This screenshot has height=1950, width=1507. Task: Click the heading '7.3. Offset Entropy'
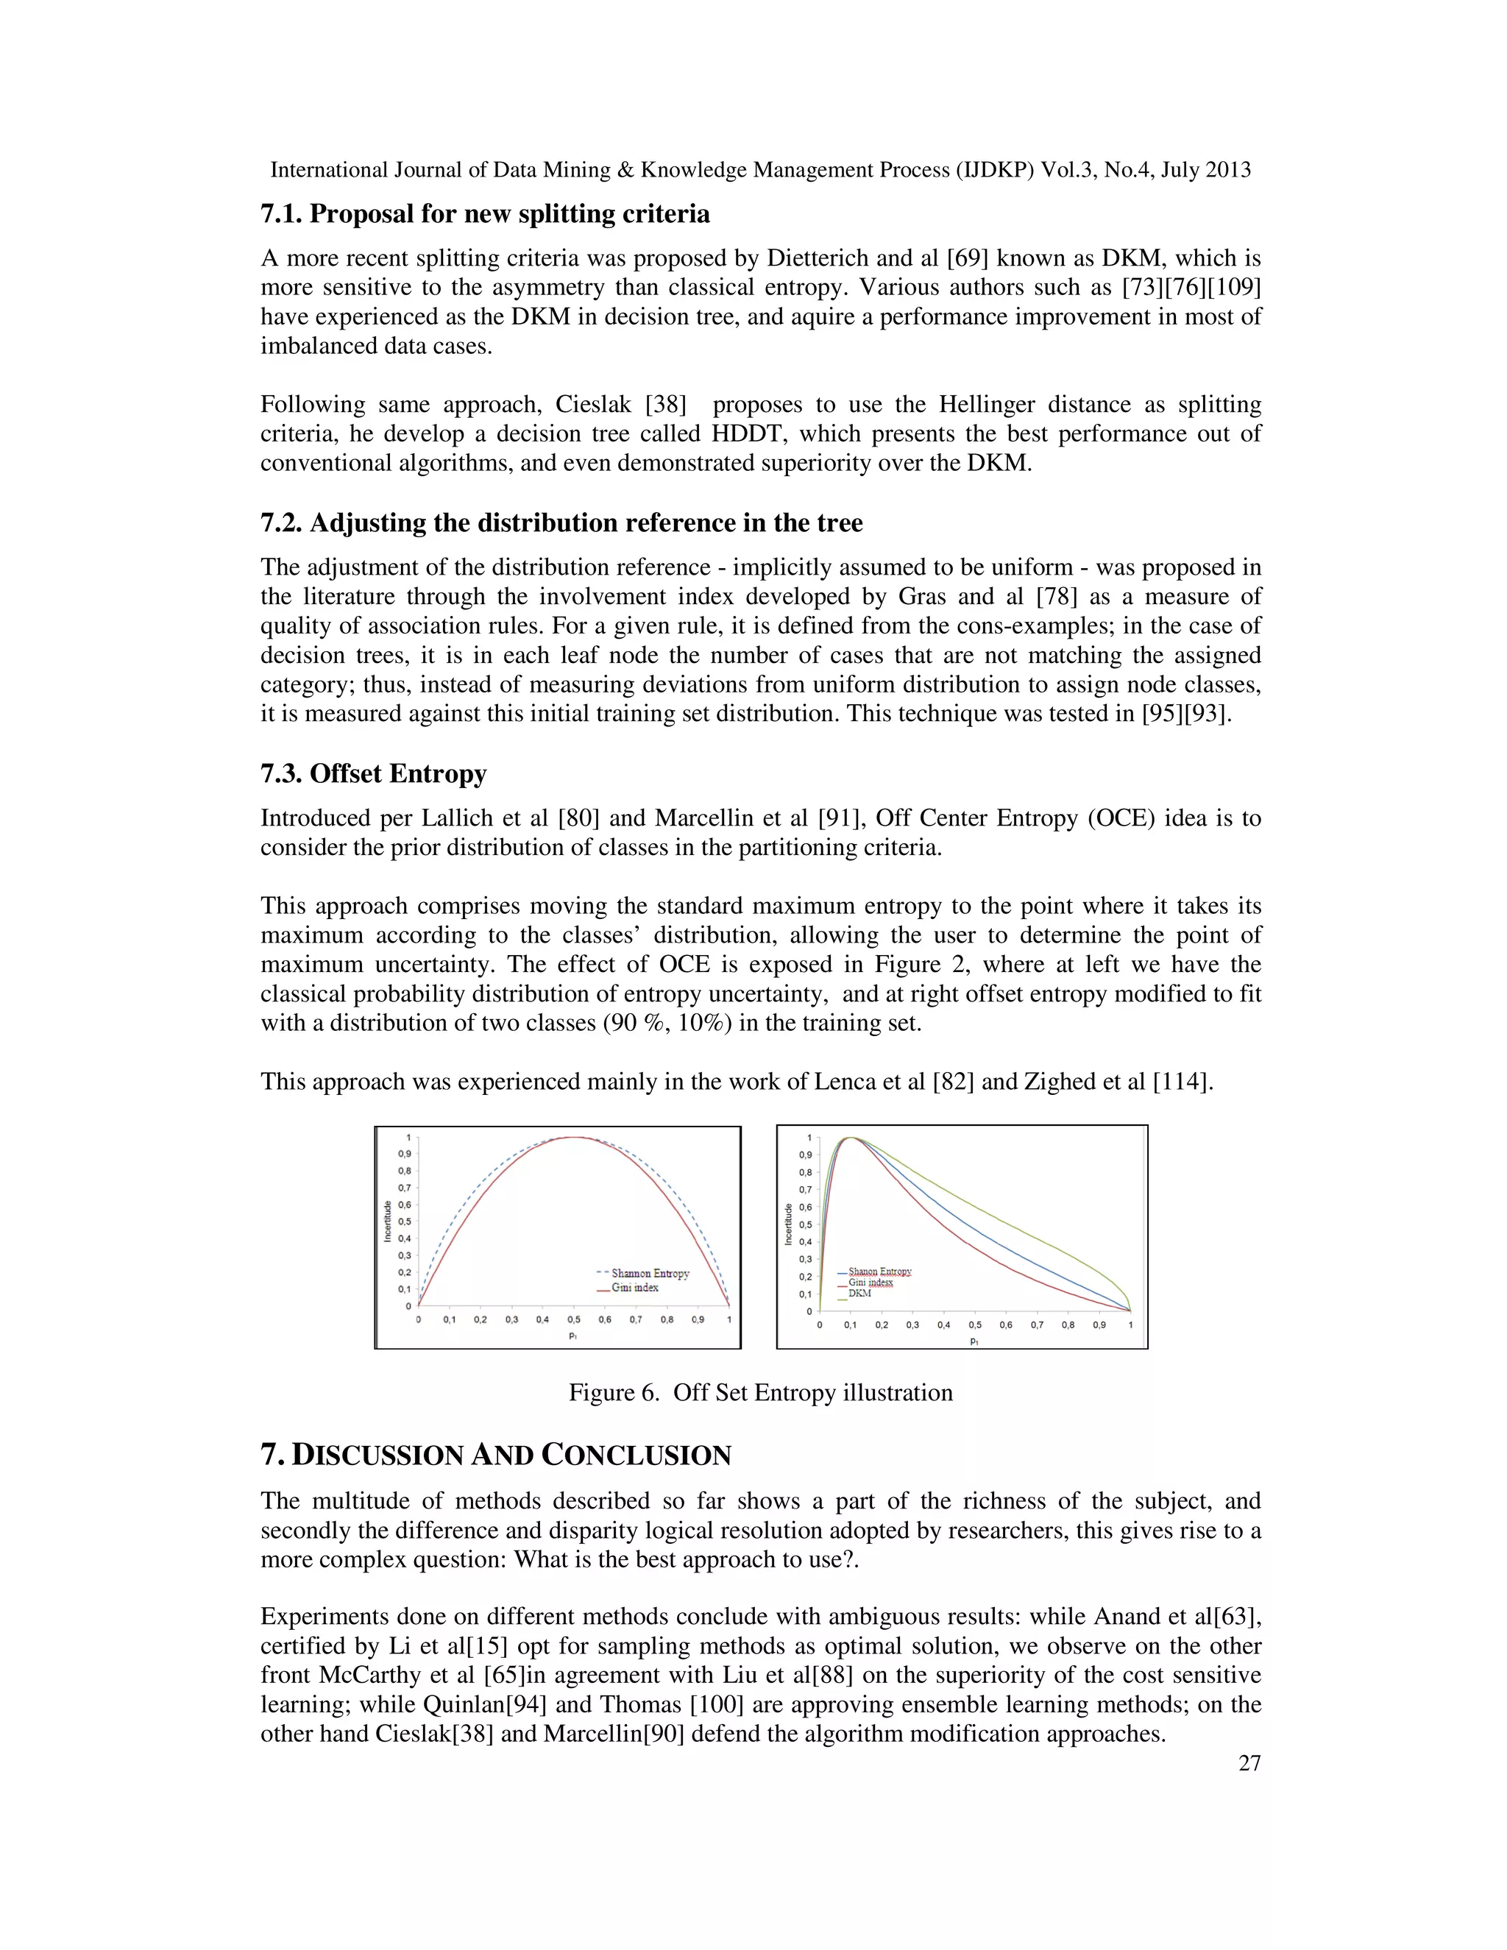(x=373, y=773)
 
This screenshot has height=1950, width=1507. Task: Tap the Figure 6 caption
(x=761, y=1393)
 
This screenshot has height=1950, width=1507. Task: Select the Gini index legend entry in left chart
(x=634, y=1288)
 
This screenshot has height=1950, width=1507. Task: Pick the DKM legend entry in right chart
(x=859, y=1293)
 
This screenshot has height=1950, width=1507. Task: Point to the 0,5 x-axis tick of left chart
(x=574, y=1319)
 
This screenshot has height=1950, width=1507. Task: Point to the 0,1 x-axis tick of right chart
(x=850, y=1325)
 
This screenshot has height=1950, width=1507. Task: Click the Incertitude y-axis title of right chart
(x=788, y=1224)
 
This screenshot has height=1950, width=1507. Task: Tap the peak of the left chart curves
(x=574, y=1138)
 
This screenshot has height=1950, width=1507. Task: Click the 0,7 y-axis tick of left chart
(x=403, y=1188)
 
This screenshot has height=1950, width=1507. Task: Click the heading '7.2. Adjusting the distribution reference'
(x=561, y=522)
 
